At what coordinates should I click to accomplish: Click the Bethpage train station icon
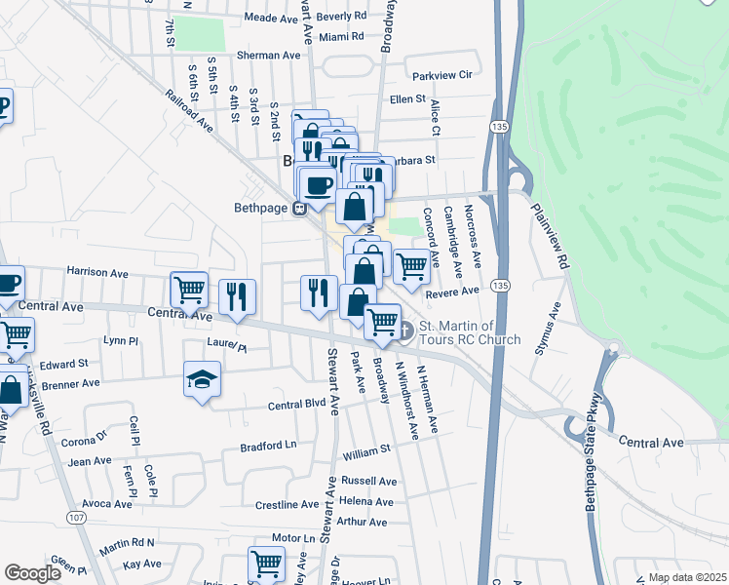click(x=301, y=207)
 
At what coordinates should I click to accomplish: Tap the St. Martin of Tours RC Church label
click(x=470, y=332)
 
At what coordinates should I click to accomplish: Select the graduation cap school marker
click(x=203, y=379)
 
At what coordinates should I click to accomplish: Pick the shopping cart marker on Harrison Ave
click(x=189, y=289)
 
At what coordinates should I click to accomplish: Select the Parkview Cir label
click(x=441, y=75)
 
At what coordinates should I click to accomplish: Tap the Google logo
click(x=32, y=573)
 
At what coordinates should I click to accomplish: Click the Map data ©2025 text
click(x=687, y=577)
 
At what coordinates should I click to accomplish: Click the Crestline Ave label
click(x=287, y=505)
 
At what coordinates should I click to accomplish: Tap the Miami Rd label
click(x=341, y=36)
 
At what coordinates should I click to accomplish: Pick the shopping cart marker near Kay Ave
click(x=266, y=564)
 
